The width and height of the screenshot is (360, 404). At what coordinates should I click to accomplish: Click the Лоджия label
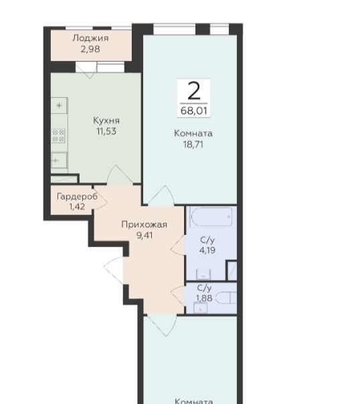[x=90, y=38]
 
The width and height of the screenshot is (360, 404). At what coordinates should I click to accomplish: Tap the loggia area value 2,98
[x=90, y=49]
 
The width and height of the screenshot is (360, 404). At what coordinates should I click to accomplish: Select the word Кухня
[x=106, y=120]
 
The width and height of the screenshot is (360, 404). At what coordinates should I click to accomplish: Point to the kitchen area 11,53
[x=106, y=131]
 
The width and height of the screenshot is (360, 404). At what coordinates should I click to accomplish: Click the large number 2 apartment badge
[x=194, y=91]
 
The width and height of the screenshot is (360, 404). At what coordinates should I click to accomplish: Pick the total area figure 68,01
[x=194, y=111]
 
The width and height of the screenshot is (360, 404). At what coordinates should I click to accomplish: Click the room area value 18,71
[x=193, y=144]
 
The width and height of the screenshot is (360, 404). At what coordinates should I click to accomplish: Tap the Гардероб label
[x=77, y=197]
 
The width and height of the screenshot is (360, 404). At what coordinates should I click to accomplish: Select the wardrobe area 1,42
[x=77, y=207]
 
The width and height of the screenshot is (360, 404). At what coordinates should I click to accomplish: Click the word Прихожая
[x=145, y=225]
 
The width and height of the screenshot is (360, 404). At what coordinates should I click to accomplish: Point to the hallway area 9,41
[x=145, y=235]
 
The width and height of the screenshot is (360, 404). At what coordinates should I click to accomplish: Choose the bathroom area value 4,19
[x=207, y=250]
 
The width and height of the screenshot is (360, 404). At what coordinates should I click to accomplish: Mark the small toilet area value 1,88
[x=204, y=298]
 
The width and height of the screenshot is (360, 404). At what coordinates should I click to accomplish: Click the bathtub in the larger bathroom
[x=211, y=217]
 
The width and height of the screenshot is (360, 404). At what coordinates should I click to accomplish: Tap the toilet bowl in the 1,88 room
[x=226, y=298]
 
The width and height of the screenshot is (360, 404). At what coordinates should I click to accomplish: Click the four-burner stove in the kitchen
[x=58, y=136]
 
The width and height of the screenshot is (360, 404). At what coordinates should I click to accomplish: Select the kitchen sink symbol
[x=59, y=161]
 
